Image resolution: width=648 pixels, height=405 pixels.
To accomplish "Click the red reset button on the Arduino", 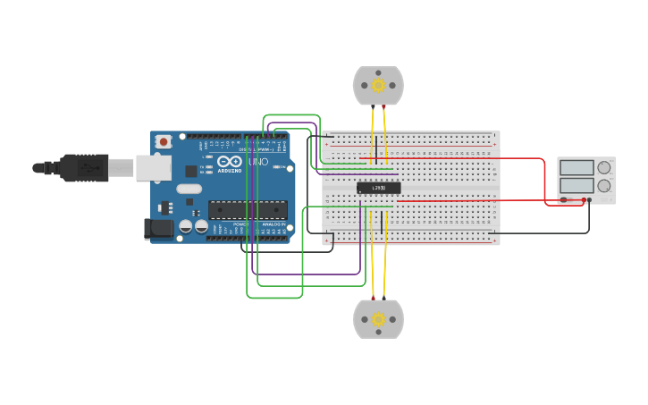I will [164, 141].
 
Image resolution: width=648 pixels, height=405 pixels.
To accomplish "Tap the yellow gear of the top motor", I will [378, 85].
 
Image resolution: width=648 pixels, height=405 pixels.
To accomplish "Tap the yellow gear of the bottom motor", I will [378, 319].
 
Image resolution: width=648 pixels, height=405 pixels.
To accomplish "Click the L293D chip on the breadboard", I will [378, 188].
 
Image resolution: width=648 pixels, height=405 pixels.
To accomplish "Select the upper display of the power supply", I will [576, 167].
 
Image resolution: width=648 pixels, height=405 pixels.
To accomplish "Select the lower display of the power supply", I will [576, 186].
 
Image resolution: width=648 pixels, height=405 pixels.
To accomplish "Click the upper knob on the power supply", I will [604, 167].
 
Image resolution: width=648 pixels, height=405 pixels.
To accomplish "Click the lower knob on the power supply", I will [604, 186].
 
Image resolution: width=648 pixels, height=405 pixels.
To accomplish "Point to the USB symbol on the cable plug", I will [87, 167].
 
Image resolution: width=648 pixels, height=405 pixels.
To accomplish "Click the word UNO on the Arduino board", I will [257, 162].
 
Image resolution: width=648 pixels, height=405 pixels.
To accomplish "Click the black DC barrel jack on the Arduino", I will [158, 229].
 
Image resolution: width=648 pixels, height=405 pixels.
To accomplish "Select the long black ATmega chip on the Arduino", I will [248, 210].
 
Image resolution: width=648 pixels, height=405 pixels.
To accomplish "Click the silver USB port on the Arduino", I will [153, 167].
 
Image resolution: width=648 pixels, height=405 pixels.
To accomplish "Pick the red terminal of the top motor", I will [384, 106].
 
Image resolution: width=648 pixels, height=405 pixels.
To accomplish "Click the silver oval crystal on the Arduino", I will [189, 189].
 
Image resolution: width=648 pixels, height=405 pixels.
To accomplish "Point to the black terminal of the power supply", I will [564, 199].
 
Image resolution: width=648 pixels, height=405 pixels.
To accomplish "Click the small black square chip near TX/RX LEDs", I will [190, 171].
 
